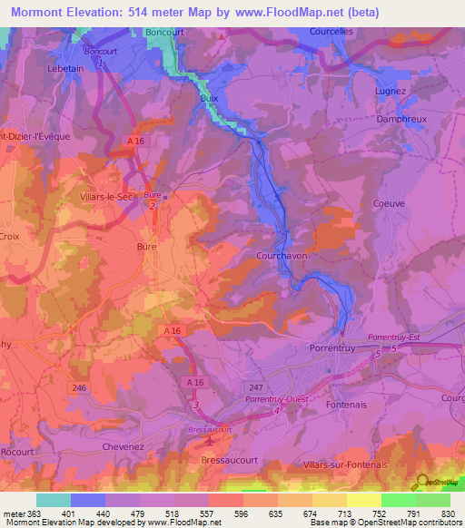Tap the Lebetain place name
pos(64,68)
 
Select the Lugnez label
pos(390,92)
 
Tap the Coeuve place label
pos(388,203)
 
